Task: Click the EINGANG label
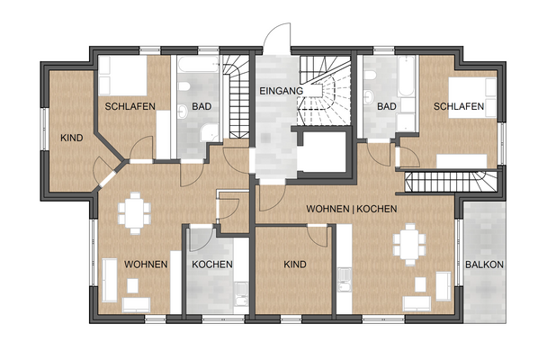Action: (x=281, y=91)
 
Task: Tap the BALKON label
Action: (x=484, y=265)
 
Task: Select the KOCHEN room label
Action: (x=212, y=265)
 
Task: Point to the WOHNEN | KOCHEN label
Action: (x=352, y=209)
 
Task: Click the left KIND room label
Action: (x=71, y=138)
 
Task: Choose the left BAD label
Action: (x=202, y=106)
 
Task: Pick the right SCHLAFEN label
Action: (x=459, y=106)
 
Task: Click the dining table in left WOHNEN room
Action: (x=135, y=212)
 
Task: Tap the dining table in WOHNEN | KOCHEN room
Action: (x=409, y=245)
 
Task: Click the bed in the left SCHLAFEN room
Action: (x=123, y=76)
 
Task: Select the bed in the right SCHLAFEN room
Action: (x=472, y=98)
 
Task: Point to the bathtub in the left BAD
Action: (x=198, y=64)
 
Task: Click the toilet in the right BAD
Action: (x=370, y=75)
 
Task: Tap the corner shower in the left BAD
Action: (x=210, y=133)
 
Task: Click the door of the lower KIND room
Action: (x=317, y=236)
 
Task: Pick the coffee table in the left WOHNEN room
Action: (x=132, y=285)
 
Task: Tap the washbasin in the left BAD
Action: (x=184, y=111)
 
